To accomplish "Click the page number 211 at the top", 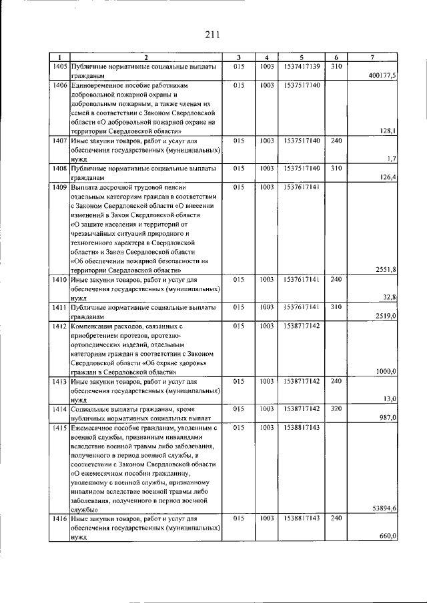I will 213,35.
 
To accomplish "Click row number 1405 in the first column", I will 59,67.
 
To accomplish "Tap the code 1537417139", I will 302,67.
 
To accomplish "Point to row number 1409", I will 59,188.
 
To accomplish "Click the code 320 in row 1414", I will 336,408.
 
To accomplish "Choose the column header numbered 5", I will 302,57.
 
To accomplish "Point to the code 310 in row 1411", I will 336,307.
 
